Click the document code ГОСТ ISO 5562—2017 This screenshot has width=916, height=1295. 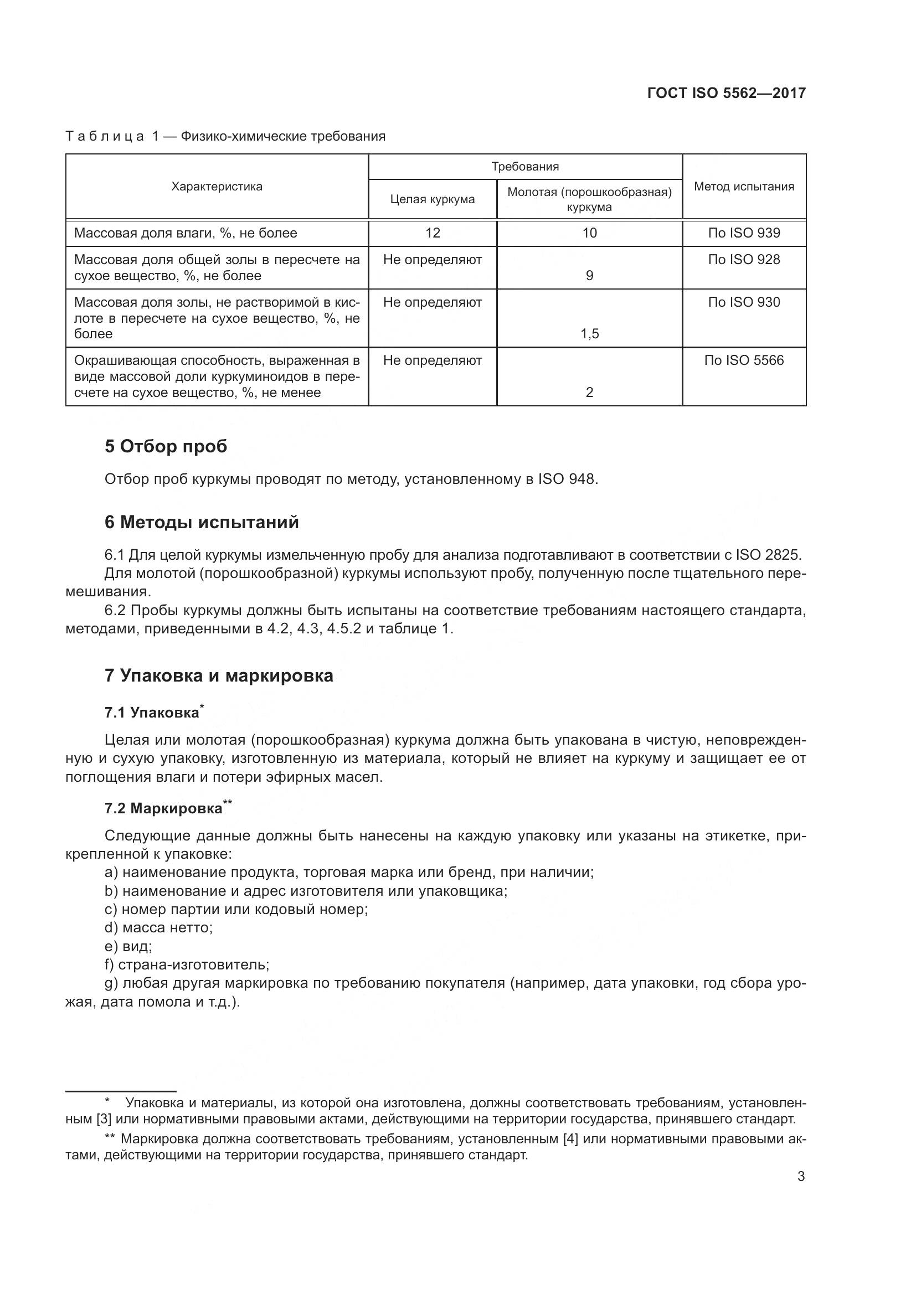click(726, 93)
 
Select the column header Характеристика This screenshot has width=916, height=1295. click(217, 187)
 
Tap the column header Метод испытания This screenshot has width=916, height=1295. click(743, 187)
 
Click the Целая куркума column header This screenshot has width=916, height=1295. click(432, 199)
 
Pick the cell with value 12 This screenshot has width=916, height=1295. click(432, 233)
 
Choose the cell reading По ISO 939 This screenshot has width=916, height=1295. click(743, 233)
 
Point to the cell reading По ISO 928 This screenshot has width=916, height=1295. click(743, 260)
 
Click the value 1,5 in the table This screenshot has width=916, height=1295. click(589, 334)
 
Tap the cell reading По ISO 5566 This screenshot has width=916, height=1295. click(743, 360)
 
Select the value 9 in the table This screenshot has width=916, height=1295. click(589, 276)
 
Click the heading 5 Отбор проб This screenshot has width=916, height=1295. click(166, 446)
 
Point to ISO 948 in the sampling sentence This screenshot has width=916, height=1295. click(566, 479)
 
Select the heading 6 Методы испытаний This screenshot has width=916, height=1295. click(202, 522)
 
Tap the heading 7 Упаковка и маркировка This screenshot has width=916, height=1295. click(219, 675)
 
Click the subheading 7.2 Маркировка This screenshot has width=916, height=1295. click(163, 808)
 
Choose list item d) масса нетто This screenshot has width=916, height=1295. click(158, 927)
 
